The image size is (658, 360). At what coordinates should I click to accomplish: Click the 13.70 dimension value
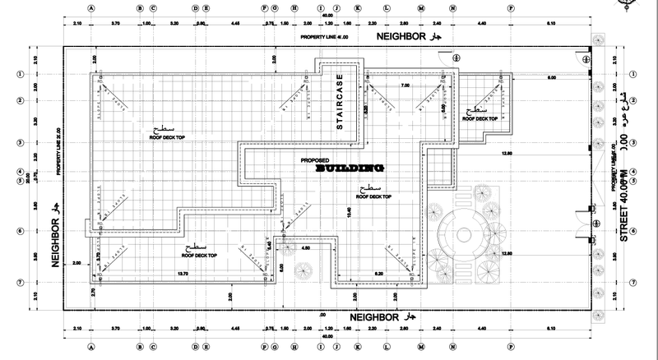click(x=183, y=273)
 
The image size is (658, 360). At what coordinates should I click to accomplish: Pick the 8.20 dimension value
click(x=380, y=273)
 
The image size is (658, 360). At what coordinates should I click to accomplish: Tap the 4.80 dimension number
click(x=305, y=247)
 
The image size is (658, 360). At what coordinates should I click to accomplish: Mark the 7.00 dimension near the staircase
click(x=405, y=85)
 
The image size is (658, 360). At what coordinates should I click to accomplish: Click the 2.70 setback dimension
click(x=93, y=291)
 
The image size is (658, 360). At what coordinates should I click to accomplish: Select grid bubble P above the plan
click(x=511, y=8)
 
